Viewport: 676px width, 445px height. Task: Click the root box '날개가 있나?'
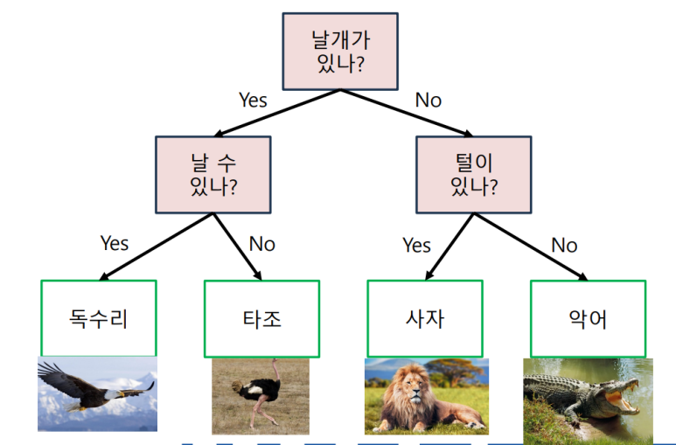coord(340,51)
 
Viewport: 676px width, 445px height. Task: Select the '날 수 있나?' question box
coord(213,174)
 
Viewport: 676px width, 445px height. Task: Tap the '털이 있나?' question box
coord(473,174)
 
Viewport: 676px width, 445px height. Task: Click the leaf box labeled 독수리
coord(99,318)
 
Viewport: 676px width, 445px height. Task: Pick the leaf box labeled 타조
coord(261,318)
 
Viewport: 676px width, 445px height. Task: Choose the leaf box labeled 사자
coord(425,318)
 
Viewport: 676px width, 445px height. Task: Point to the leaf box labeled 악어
coord(588,318)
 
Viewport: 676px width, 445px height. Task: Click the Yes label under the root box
coord(253,100)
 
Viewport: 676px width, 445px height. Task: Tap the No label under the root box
coord(428,100)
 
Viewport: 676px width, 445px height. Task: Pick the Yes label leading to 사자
coord(416,245)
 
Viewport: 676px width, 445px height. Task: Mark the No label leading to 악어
coord(564,245)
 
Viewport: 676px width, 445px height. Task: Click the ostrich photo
coord(260,395)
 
